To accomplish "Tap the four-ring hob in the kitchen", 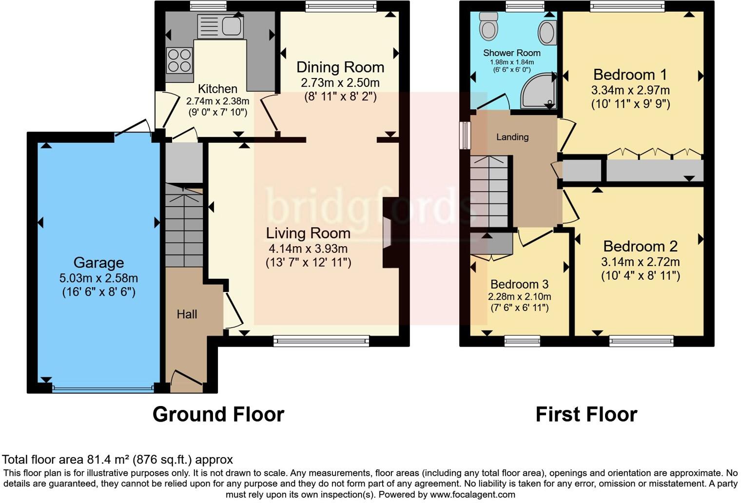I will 179,60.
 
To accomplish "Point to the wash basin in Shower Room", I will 547,33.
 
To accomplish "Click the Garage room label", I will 98,263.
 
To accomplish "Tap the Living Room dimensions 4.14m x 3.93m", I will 308,249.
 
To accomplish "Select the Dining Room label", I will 340,67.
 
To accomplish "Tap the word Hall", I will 187,314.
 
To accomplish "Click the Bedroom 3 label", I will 519,284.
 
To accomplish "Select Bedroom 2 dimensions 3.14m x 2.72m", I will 640,262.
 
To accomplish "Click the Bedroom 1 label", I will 630,75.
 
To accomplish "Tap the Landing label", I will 512,137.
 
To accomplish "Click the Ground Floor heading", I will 218,414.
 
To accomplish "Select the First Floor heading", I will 586,414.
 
